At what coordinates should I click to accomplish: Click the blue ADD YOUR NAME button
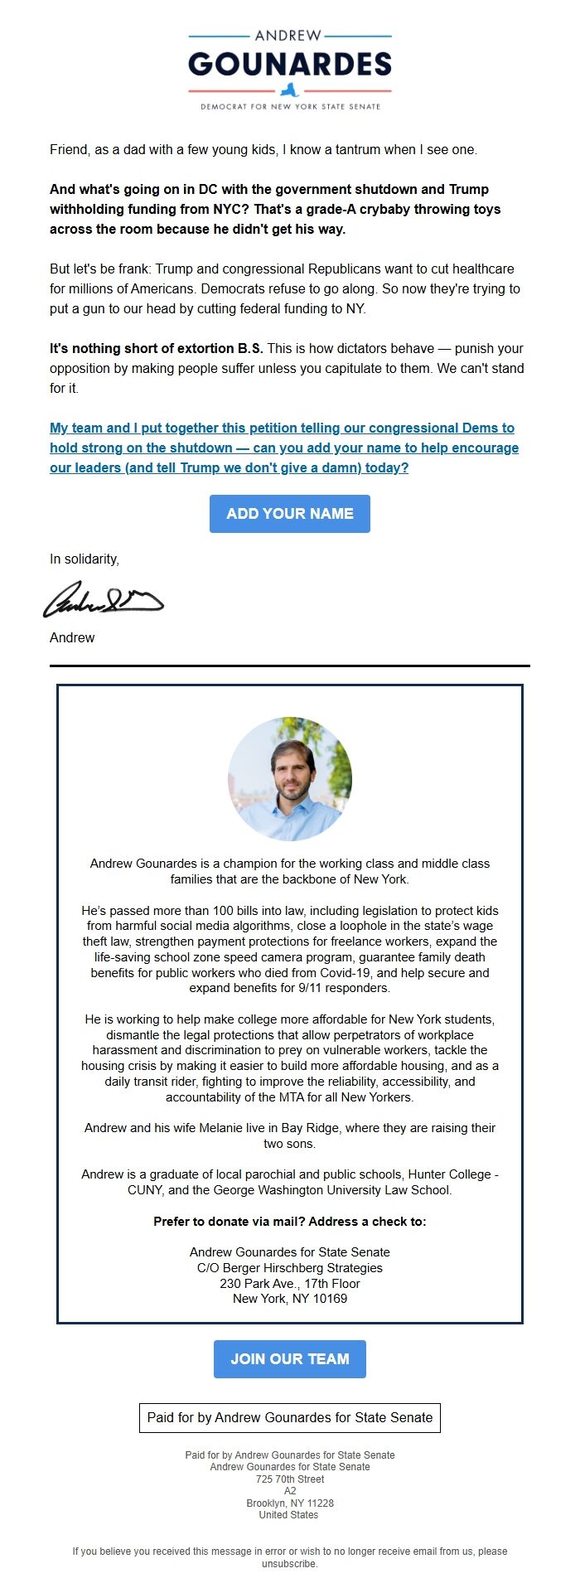(289, 514)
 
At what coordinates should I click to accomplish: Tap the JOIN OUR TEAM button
(289, 1359)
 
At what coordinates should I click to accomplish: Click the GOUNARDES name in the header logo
(289, 64)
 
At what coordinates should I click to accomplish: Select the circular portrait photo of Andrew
(289, 779)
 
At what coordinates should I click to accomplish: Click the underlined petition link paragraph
(283, 448)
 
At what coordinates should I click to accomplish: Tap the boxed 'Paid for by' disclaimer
(289, 1417)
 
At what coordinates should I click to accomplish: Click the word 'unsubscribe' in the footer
(289, 1564)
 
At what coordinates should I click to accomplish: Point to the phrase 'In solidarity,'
(85, 559)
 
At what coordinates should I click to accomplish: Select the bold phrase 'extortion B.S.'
(209, 349)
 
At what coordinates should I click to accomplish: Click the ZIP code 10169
(330, 1299)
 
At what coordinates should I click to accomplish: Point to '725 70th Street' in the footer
(289, 1479)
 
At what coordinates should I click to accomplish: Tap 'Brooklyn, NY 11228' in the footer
(289, 1503)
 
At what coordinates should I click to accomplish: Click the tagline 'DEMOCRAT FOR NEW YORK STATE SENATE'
(289, 107)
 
